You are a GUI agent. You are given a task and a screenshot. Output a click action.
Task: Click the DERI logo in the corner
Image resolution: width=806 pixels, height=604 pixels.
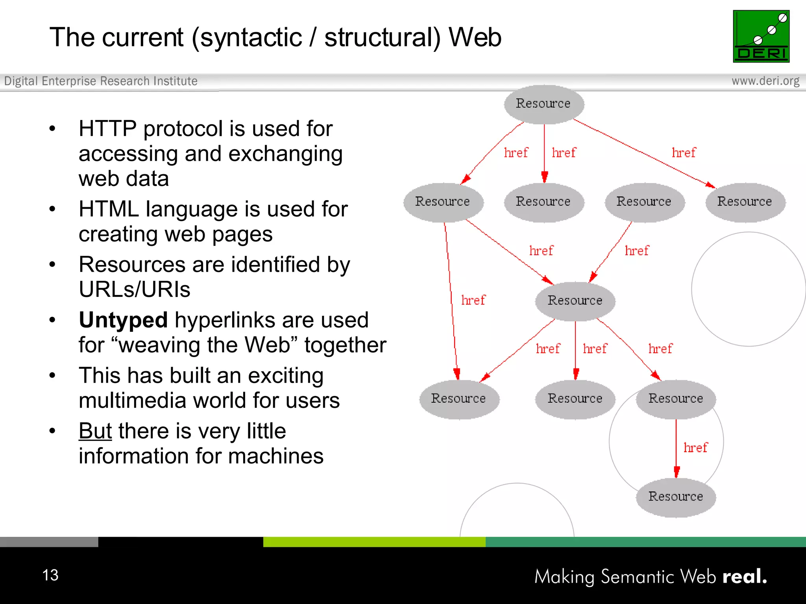pos(761,36)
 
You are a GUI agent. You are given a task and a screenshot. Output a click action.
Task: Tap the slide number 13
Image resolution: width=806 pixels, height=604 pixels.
pos(50,575)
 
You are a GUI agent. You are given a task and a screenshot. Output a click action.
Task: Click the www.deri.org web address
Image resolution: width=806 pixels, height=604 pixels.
pos(765,81)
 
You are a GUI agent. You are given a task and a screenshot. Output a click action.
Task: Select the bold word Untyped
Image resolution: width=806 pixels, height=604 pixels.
pos(123,320)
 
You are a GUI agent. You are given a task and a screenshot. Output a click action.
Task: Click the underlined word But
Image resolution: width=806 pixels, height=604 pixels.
pos(95,431)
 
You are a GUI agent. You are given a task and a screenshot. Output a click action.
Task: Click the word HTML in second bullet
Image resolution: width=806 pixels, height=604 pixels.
pos(109,209)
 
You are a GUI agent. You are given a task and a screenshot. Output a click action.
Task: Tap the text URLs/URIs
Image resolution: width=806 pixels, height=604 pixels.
pos(134,289)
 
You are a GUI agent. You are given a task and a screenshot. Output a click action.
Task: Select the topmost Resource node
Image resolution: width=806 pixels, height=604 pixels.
pos(543,104)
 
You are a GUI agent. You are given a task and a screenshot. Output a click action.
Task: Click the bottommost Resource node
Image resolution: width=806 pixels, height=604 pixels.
pos(675,497)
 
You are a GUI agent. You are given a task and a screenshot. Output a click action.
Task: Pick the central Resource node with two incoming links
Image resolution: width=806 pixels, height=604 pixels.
pos(575,301)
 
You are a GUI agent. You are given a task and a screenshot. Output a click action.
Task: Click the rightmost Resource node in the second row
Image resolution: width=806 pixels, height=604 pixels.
pos(745,202)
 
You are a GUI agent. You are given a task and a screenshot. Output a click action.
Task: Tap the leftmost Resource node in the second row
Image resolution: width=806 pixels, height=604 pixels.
pos(443,202)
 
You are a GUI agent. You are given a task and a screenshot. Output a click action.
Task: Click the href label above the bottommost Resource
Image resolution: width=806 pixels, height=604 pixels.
pos(695,447)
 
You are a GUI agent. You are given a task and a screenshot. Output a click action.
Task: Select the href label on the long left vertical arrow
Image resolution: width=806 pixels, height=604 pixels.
pos(473,300)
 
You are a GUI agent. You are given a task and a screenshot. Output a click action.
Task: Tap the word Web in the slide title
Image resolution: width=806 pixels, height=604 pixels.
pos(475,37)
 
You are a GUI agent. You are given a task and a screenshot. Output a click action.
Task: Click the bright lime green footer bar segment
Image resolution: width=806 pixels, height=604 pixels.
pos(374,542)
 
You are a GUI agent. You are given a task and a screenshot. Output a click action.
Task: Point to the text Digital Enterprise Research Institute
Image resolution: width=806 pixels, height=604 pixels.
pos(101,81)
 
